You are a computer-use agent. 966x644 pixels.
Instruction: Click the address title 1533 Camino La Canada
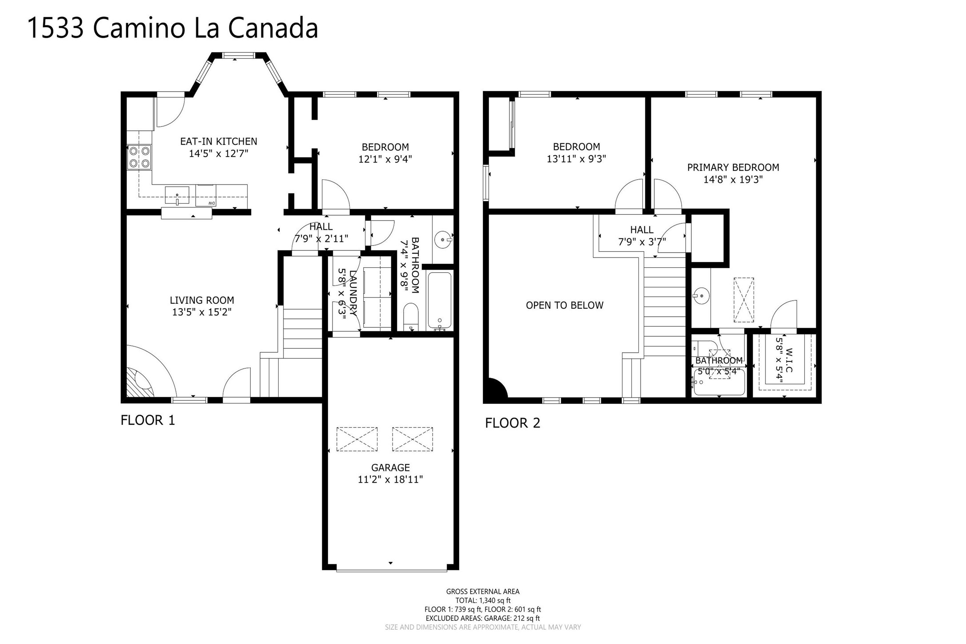(173, 28)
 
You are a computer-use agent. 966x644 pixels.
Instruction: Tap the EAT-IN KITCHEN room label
(218, 141)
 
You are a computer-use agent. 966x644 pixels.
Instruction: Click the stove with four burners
(139, 157)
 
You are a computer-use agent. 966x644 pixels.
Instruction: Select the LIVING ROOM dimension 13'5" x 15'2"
(202, 312)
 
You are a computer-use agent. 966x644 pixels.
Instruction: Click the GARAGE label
(390, 467)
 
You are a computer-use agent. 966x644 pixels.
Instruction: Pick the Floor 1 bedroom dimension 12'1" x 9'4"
(385, 159)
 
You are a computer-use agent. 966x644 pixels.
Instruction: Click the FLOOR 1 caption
(148, 420)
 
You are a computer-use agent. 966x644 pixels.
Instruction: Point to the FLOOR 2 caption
(513, 423)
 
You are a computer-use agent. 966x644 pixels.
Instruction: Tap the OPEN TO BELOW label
(565, 306)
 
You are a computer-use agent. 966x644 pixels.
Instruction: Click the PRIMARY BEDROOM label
(733, 168)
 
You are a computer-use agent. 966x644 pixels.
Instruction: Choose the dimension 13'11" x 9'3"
(576, 159)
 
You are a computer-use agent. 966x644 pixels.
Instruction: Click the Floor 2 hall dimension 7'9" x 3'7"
(642, 242)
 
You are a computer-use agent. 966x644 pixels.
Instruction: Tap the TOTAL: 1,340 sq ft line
(483, 600)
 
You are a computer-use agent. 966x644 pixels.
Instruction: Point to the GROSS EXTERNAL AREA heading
(483, 592)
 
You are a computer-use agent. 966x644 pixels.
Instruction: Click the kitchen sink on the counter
(177, 195)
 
